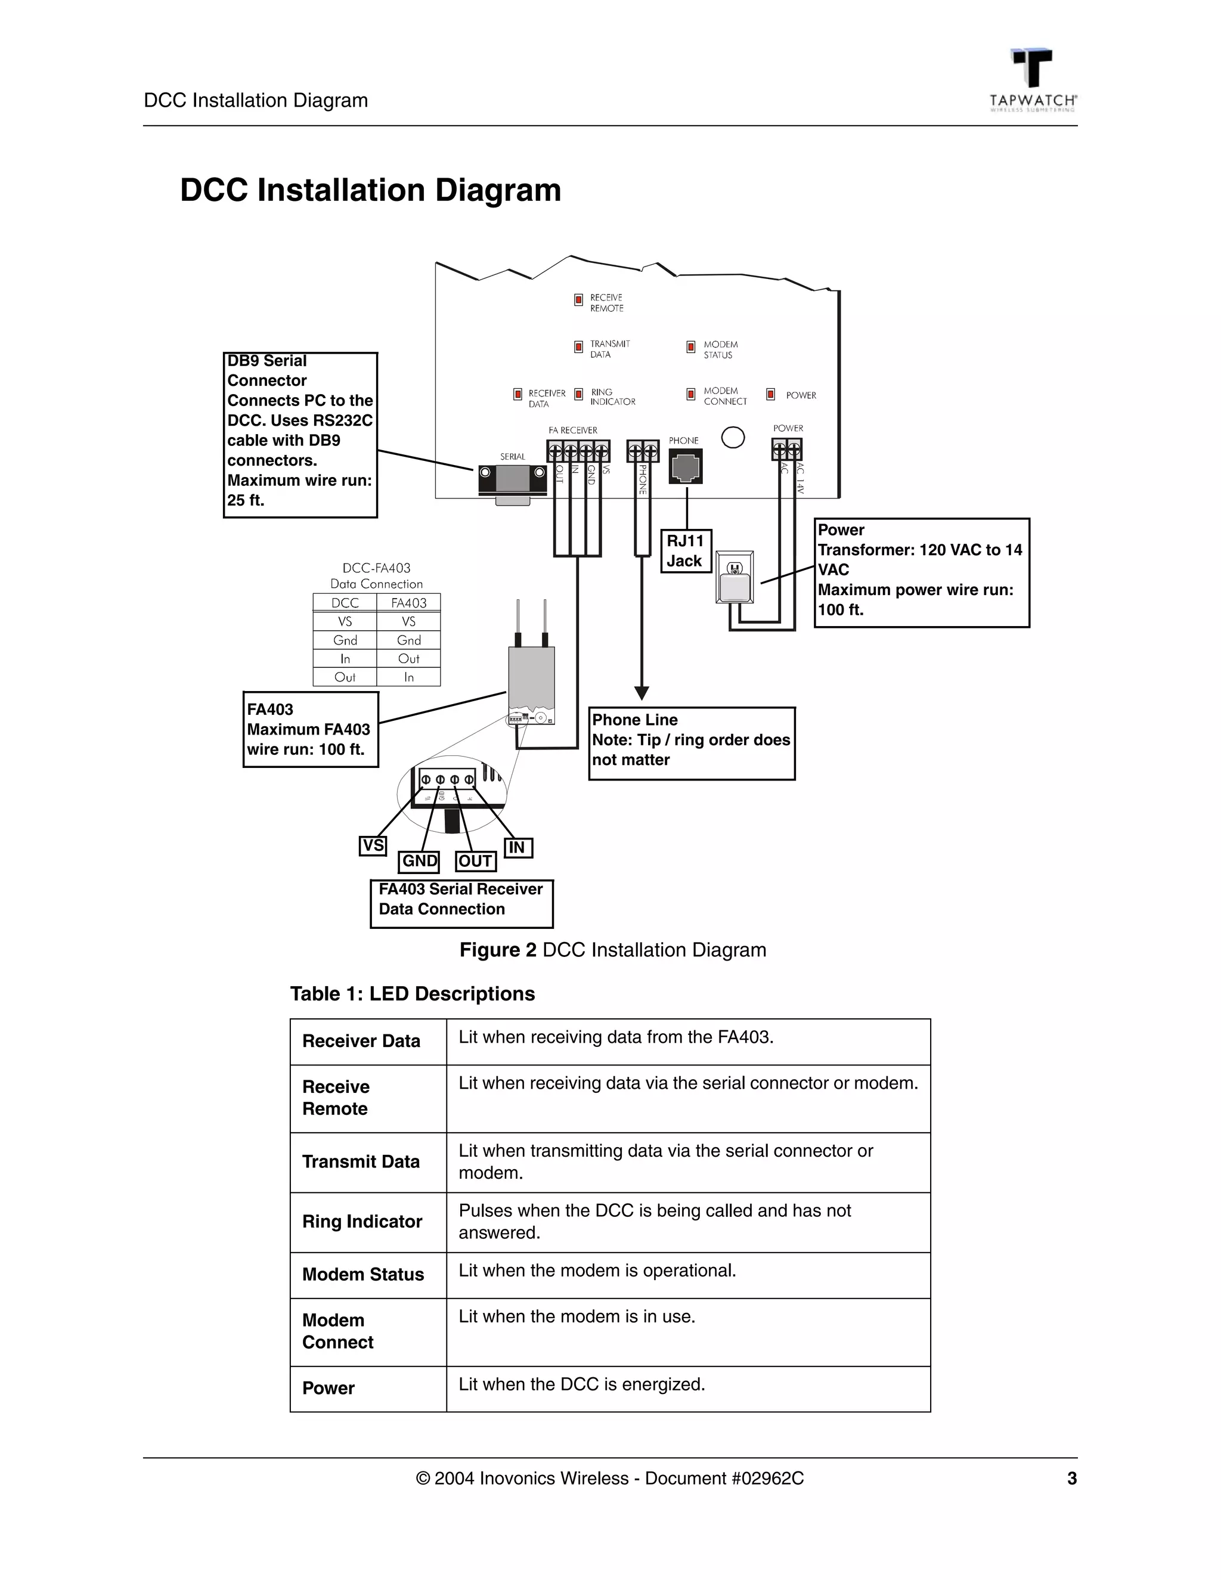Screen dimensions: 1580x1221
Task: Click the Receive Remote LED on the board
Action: pyautogui.click(x=578, y=299)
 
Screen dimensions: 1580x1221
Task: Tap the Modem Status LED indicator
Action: pyautogui.click(x=691, y=347)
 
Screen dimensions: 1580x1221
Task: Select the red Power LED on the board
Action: pyautogui.click(x=770, y=394)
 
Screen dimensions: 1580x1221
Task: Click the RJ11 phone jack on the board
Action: pyautogui.click(x=685, y=467)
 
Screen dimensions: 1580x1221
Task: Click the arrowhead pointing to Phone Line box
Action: pyautogui.click(x=642, y=692)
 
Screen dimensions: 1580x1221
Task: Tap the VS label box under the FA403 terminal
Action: pyautogui.click(x=373, y=845)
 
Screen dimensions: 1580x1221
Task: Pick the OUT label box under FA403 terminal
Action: pyautogui.click(x=475, y=861)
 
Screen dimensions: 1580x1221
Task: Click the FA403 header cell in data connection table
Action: pyautogui.click(x=408, y=603)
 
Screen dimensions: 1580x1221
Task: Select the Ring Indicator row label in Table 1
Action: pyautogui.click(x=362, y=1221)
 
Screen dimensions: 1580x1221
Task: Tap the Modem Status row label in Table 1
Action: pyautogui.click(x=362, y=1274)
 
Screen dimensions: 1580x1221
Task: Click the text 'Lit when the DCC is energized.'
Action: pyautogui.click(x=581, y=1384)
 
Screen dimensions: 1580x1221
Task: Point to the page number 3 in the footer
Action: pyautogui.click(x=1071, y=1478)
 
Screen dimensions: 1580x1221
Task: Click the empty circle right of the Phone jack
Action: pyautogui.click(x=733, y=438)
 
